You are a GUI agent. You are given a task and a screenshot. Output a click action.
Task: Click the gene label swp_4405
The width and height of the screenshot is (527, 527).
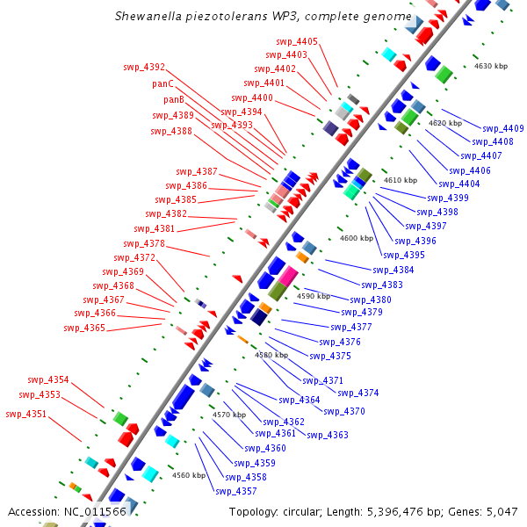click(297, 41)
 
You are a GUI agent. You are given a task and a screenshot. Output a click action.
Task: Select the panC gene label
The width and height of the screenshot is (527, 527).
click(162, 84)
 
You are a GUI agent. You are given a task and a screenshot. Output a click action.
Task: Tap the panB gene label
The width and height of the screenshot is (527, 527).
click(162, 100)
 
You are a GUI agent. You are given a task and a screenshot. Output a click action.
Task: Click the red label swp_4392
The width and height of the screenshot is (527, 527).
click(144, 67)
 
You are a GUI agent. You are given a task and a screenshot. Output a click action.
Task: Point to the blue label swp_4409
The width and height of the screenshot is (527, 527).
click(502, 129)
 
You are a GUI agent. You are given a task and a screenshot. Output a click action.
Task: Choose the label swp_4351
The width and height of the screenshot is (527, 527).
click(26, 415)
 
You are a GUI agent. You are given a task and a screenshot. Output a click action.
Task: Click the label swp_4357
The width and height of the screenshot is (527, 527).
click(235, 491)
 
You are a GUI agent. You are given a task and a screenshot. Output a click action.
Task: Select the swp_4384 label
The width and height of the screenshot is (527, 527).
click(393, 270)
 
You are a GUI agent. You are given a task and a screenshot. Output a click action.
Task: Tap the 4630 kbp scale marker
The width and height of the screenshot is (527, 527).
click(491, 66)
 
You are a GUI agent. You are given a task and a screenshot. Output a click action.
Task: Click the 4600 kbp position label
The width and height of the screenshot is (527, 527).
click(356, 238)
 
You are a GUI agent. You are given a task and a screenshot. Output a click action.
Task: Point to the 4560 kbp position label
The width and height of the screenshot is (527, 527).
click(188, 475)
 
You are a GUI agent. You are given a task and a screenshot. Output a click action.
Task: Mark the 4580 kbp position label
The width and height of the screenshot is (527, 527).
click(271, 355)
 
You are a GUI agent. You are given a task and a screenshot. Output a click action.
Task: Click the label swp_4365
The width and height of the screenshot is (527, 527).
click(84, 328)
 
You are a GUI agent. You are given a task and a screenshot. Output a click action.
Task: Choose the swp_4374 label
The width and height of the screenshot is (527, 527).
click(357, 393)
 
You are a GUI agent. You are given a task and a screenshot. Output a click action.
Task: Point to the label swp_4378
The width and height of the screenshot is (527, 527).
click(143, 243)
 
